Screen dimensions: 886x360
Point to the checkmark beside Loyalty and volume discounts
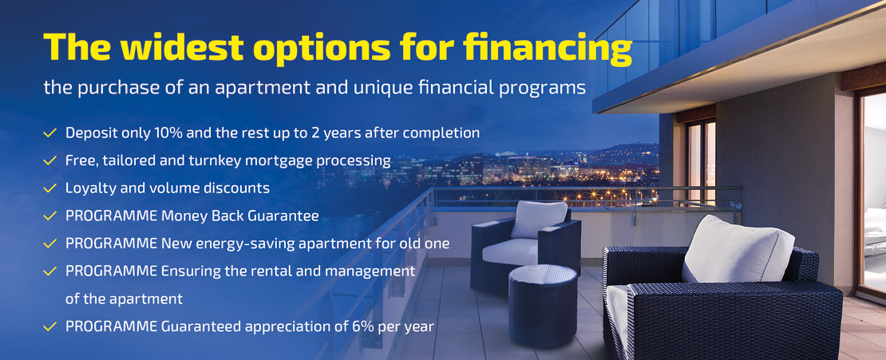49,188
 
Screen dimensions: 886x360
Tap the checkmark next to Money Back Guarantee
49,216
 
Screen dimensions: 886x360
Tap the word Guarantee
290,216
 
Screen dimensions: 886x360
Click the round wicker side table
543,305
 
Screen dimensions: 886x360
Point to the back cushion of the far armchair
539,219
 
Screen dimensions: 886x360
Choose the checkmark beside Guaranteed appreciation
49,326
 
